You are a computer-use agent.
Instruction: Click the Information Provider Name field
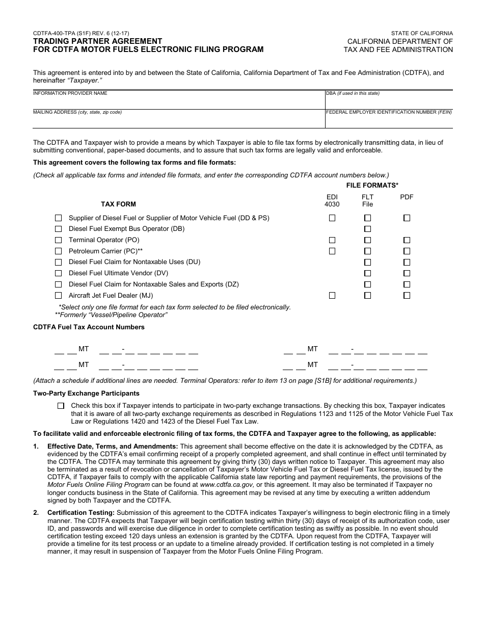pyautogui.click(x=178, y=102)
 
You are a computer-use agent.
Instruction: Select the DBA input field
pyautogui.click(x=389, y=102)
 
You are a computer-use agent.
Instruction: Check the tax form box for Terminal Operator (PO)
pyautogui.click(x=59, y=240)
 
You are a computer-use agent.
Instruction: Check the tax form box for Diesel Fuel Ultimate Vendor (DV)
pyautogui.click(x=59, y=273)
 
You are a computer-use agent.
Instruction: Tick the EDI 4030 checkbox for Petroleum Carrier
pyautogui.click(x=332, y=251)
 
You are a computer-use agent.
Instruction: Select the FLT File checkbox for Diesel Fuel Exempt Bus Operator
pyautogui.click(x=367, y=229)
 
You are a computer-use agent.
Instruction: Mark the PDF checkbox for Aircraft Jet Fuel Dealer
pyautogui.click(x=407, y=295)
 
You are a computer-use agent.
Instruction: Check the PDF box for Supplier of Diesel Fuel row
pyautogui.click(x=407, y=218)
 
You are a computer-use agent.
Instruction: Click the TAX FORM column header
pyautogui.click(x=118, y=204)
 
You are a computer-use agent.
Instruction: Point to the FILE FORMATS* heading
pyautogui.click(x=372, y=185)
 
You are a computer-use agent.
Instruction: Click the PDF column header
pyautogui.click(x=407, y=197)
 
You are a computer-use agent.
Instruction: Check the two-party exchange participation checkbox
pyautogui.click(x=61, y=406)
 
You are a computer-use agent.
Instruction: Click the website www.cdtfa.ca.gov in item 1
pyautogui.click(x=227, y=484)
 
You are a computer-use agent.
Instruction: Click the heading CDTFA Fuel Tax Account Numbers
pyautogui.click(x=89, y=327)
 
